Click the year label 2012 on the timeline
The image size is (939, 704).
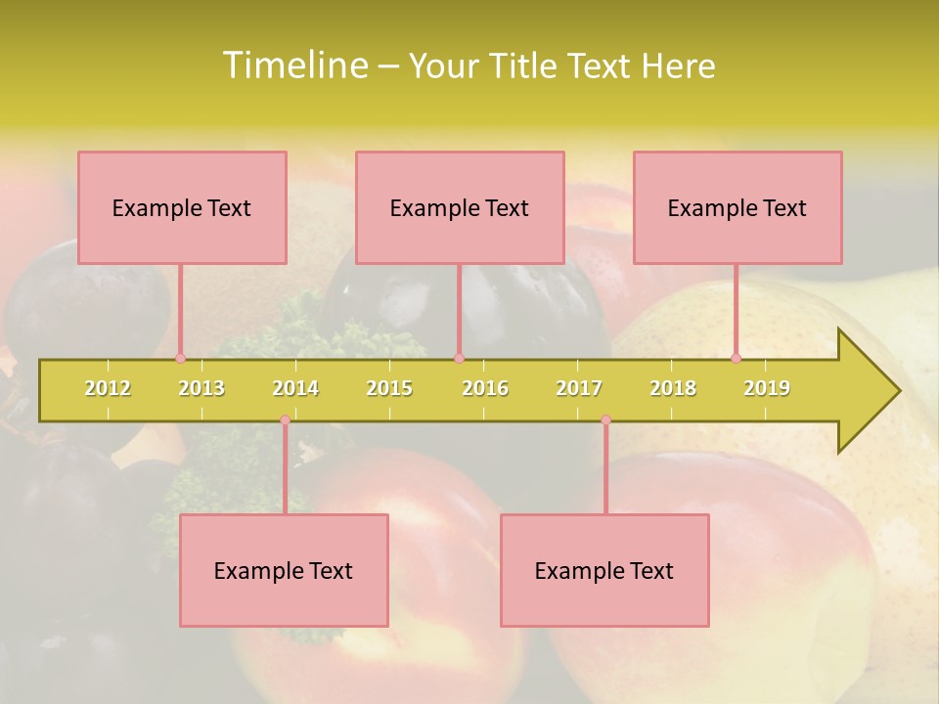click(108, 388)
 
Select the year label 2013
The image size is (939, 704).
click(201, 388)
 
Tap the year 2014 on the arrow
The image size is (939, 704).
click(295, 388)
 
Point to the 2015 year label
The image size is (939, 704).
click(389, 388)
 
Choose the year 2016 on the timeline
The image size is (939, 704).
click(485, 388)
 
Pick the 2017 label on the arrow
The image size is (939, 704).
click(579, 388)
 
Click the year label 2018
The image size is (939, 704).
click(673, 388)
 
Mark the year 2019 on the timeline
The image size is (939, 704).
click(767, 388)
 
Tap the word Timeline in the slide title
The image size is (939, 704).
click(293, 66)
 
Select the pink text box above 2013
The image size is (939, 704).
click(182, 207)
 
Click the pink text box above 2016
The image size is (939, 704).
click(460, 207)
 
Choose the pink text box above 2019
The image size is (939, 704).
click(738, 207)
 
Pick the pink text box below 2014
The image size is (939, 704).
click(284, 570)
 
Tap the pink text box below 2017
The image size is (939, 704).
click(604, 570)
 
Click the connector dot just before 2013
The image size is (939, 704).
click(180, 358)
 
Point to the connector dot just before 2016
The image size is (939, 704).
click(460, 358)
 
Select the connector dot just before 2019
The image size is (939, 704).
click(736, 358)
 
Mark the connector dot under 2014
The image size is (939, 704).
click(285, 420)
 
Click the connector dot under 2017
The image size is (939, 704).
click(605, 420)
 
